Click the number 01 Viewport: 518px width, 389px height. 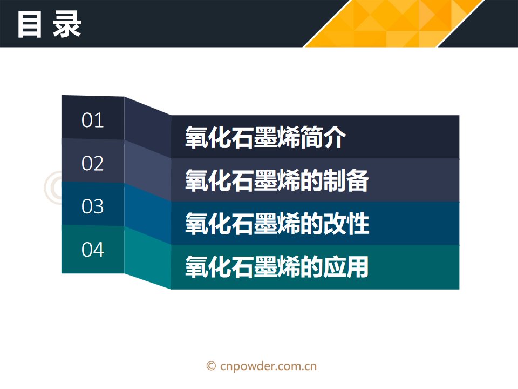click(x=92, y=120)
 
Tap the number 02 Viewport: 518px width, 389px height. click(x=92, y=163)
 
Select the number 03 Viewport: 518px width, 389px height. click(x=92, y=206)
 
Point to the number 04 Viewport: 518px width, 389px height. click(x=92, y=250)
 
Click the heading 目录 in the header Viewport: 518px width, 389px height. click(x=49, y=24)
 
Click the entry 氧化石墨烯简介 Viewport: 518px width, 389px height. click(x=265, y=137)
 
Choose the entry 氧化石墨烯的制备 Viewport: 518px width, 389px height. click(x=277, y=180)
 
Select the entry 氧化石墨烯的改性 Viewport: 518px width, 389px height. click(x=277, y=224)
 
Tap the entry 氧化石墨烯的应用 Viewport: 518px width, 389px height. click(x=277, y=266)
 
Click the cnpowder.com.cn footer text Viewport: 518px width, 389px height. click(x=268, y=366)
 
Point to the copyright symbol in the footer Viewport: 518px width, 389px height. click(x=211, y=366)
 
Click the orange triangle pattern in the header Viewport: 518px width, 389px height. click(x=393, y=23)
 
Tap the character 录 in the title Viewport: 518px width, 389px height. click(x=67, y=24)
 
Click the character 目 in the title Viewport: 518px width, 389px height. click(x=29, y=24)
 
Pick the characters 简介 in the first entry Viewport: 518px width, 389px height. click(x=323, y=137)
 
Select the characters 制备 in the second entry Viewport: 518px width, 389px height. click(x=346, y=180)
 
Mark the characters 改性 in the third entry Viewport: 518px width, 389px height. click(x=346, y=224)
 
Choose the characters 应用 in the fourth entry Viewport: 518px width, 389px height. click(x=346, y=266)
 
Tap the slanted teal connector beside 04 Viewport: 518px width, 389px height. click(x=148, y=258)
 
